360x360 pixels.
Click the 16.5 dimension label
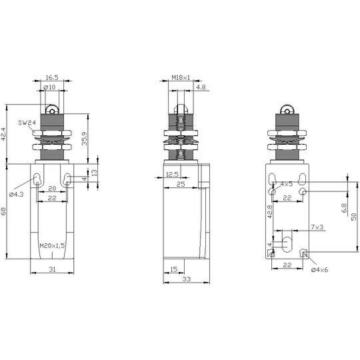pyautogui.click(x=52, y=77)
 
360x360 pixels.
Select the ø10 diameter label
pyautogui.click(x=49, y=87)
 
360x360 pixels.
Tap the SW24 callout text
pyautogui.click(x=27, y=123)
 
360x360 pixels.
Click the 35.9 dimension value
pyautogui.click(x=85, y=139)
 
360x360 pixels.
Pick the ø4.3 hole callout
pyautogui.click(x=16, y=195)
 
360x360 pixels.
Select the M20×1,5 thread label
pyautogui.click(x=52, y=246)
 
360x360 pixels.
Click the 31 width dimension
pyautogui.click(x=52, y=269)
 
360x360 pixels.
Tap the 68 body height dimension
pyautogui.click(x=4, y=211)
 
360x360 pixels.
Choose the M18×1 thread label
pyautogui.click(x=181, y=77)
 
